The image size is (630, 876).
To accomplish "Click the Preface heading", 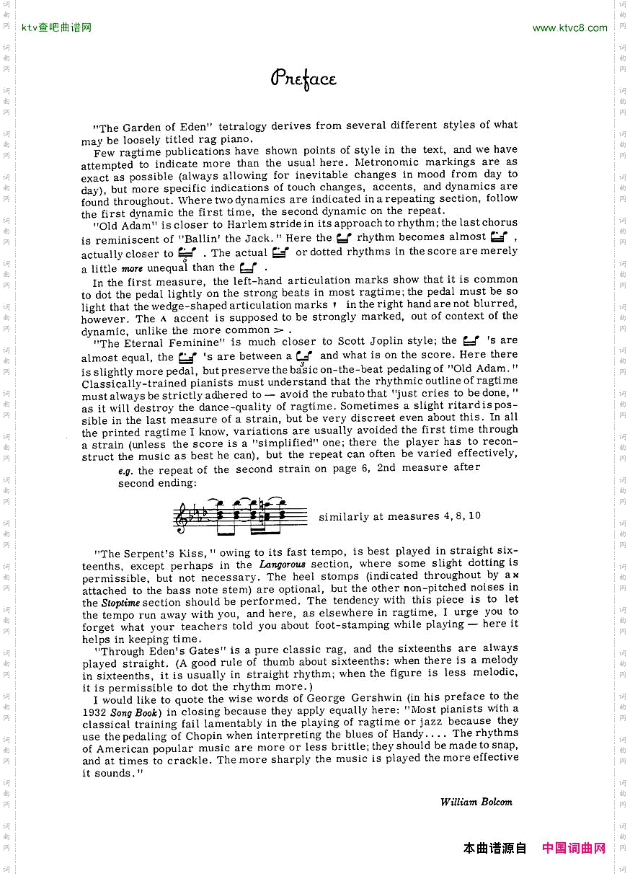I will (x=303, y=79).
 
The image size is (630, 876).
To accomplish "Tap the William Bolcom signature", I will (x=476, y=802).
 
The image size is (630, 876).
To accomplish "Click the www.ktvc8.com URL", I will (x=569, y=28).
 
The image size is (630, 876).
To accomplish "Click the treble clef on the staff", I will (x=181, y=518).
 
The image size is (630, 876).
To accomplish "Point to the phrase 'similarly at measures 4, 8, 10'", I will (x=399, y=516).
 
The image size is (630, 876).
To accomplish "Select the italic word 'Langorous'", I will (x=283, y=564).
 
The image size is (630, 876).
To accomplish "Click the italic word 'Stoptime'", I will (x=120, y=602).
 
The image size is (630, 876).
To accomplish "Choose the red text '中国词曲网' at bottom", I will (x=574, y=848).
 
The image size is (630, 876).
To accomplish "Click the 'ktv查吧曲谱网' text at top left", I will (x=57, y=28).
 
